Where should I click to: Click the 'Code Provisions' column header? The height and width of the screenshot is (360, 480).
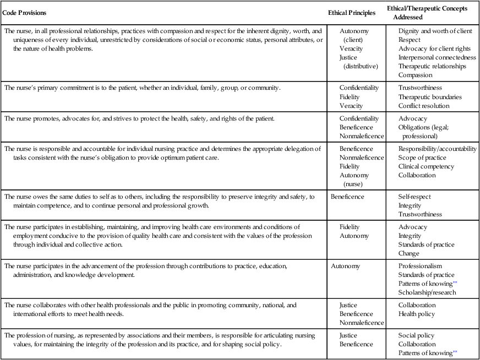(x=25, y=12)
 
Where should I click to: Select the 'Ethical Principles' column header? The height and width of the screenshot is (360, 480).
(x=352, y=12)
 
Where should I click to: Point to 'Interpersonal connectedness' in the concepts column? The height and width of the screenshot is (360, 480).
(x=438, y=57)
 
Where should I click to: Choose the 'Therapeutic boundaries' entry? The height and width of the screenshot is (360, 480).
(x=430, y=97)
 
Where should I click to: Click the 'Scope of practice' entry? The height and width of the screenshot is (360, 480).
(x=422, y=158)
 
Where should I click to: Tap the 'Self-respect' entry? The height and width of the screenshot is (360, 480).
(x=415, y=197)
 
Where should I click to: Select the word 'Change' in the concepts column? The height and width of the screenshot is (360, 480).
(x=409, y=253)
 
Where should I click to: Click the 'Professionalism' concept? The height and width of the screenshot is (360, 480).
(x=421, y=266)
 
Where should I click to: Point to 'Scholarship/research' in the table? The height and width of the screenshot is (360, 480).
(x=427, y=293)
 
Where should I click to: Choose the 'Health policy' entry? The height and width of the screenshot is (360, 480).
(x=417, y=314)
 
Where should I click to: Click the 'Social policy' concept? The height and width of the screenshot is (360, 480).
(x=416, y=335)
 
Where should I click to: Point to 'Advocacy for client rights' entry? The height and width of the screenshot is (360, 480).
(x=435, y=48)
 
